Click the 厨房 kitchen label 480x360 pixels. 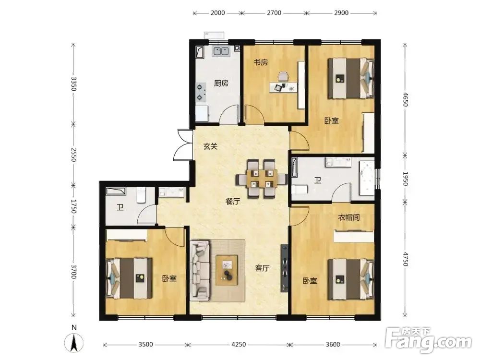pos(221,83)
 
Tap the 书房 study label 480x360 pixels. pos(261,62)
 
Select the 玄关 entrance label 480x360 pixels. pos(210,146)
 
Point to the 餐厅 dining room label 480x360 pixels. pos(233,202)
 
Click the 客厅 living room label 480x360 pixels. pos(263,268)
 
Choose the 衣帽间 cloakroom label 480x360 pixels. pos(348,217)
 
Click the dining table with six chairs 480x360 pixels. pos(261,179)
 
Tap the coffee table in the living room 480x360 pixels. pos(227,270)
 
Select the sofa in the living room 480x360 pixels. pos(200,271)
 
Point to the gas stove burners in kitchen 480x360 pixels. pos(201,93)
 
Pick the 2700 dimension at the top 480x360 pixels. pos(274,13)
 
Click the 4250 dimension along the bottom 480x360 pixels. pos(239,344)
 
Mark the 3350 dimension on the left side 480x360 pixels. pos(73,84)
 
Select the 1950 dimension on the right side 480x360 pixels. pos(405,179)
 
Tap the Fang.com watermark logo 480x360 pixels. pos(428,340)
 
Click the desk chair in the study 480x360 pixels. pos(283,76)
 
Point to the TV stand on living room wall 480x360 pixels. pos(284,268)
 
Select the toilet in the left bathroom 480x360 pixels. pos(141,195)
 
